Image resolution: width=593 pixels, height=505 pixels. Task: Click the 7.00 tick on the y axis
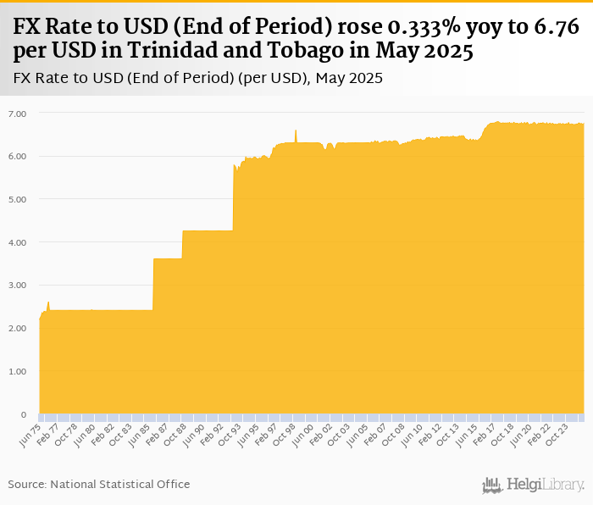point(17,113)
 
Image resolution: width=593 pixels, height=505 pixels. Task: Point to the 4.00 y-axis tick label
point(17,242)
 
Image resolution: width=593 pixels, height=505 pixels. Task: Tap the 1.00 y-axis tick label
point(17,371)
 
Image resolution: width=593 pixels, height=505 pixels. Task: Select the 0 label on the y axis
point(24,414)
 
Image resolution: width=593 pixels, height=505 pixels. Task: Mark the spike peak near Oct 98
point(296,130)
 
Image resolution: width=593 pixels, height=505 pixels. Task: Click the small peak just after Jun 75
point(48,302)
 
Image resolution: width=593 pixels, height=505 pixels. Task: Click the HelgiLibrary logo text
point(546,485)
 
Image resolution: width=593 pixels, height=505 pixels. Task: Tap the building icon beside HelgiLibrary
point(493,485)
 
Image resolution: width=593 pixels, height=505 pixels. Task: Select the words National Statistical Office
point(120,484)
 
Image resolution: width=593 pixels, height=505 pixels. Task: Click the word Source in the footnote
point(27,484)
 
